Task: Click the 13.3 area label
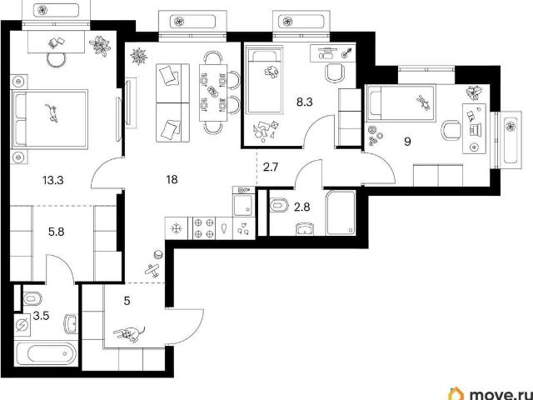point(53,180)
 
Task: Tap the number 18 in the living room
point(172,180)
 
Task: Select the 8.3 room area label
point(305,102)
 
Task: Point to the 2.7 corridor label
point(271,167)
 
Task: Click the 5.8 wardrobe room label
point(57,232)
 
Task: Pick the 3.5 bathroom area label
point(42,316)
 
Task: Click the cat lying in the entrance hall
point(129,333)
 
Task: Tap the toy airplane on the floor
point(153,270)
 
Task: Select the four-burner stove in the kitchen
point(204,228)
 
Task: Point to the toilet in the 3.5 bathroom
point(32,299)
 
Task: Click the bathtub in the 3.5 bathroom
point(47,353)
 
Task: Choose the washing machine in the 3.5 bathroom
point(23,326)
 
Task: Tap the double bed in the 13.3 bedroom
point(50,119)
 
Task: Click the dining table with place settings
point(213,92)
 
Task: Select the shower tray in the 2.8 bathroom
point(341,213)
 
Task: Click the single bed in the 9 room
point(401,103)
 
